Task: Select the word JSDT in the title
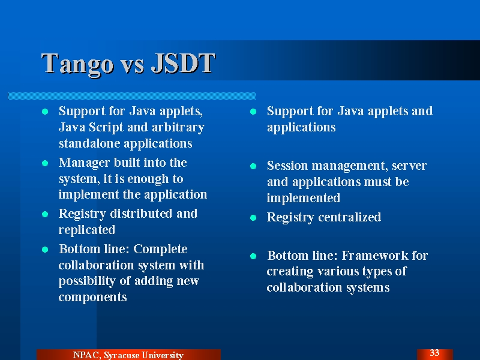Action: (184, 63)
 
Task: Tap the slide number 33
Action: (434, 353)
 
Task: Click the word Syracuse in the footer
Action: (121, 355)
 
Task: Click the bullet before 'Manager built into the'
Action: (45, 163)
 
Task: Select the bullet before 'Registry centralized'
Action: (253, 218)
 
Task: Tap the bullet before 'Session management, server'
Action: (253, 166)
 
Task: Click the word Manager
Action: (84, 163)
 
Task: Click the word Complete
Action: (160, 250)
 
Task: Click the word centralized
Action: (350, 217)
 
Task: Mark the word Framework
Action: (374, 256)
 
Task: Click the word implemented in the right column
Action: (304, 198)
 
